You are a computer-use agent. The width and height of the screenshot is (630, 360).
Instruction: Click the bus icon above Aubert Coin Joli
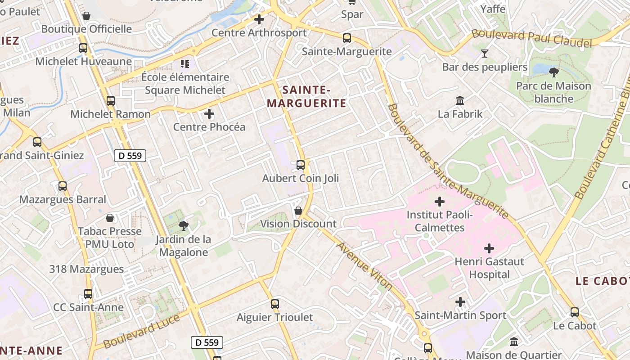click(x=301, y=165)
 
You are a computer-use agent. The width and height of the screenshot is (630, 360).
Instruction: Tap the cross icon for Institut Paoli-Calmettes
click(x=440, y=202)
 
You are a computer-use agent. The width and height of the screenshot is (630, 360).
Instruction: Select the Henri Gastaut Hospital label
click(x=489, y=268)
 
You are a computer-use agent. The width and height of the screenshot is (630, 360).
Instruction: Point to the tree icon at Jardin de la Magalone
click(x=183, y=225)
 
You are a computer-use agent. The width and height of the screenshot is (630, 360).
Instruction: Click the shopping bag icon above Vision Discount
click(x=298, y=211)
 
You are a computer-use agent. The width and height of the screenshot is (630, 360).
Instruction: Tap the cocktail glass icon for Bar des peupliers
click(x=484, y=54)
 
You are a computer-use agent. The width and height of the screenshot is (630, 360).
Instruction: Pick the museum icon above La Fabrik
click(x=460, y=100)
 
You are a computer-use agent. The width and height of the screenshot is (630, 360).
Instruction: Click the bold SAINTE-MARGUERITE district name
click(x=306, y=97)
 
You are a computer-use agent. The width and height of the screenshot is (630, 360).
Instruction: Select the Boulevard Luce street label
click(x=141, y=331)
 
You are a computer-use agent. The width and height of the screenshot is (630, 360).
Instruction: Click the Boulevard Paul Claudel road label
click(x=531, y=39)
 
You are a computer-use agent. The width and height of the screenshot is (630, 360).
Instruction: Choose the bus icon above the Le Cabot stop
click(x=575, y=312)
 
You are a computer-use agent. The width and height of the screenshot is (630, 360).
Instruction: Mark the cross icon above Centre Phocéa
click(x=209, y=114)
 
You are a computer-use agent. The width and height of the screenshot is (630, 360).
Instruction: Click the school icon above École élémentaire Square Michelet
click(x=184, y=64)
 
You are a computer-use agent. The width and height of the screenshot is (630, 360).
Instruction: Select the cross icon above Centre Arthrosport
click(x=259, y=19)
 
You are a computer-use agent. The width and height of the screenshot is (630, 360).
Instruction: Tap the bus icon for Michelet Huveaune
click(x=83, y=48)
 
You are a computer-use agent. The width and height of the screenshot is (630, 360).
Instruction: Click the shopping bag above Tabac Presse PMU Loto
click(x=110, y=218)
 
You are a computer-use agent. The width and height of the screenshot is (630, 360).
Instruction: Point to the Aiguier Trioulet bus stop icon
click(x=275, y=304)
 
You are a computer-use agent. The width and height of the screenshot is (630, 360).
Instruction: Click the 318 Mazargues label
click(x=86, y=269)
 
